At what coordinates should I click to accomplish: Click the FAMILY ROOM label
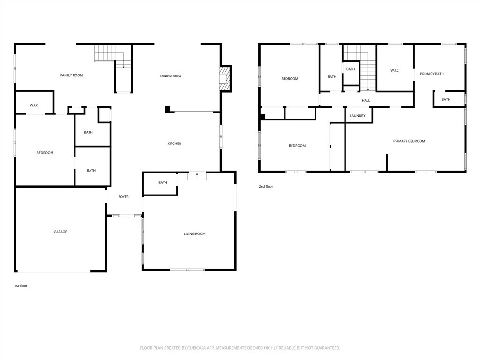(71, 75)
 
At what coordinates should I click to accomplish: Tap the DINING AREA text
(171, 76)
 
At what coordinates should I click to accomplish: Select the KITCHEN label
(174, 143)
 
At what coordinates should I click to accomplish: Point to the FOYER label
(123, 197)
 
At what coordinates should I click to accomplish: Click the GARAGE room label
(60, 232)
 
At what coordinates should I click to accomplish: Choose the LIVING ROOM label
(194, 233)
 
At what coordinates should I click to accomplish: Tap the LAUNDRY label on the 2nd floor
(358, 116)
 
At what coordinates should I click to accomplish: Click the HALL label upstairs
(366, 100)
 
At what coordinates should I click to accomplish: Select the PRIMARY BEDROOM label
(409, 141)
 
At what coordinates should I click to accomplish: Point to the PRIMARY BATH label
(432, 74)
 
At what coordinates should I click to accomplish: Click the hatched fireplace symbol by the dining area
(225, 78)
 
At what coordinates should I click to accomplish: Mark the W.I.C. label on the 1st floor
(34, 105)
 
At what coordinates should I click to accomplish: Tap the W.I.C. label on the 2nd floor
(395, 71)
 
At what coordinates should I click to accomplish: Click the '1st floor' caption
(21, 285)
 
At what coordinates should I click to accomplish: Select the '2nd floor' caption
(266, 186)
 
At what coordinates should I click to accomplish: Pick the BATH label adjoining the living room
(163, 183)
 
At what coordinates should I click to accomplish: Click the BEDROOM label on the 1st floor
(45, 153)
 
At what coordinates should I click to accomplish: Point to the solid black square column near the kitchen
(167, 109)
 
